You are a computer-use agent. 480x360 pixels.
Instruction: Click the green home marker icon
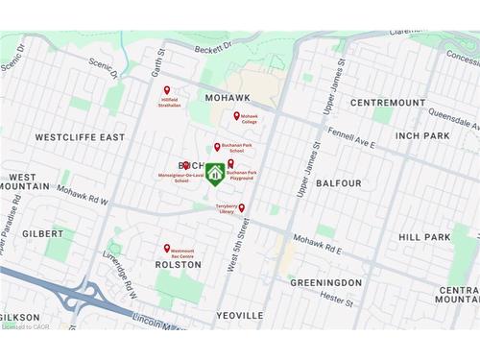point(216,174)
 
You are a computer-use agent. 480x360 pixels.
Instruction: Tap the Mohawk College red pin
point(237,115)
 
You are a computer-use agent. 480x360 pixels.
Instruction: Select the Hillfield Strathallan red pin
point(167,90)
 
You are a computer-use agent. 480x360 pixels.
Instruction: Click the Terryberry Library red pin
point(241,207)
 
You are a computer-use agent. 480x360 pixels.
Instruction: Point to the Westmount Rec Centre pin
point(167,248)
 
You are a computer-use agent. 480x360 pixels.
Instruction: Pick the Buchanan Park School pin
point(217,147)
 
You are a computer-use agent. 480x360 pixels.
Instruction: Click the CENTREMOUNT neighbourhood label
point(387,102)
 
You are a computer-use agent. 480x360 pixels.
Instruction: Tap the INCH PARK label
point(422,136)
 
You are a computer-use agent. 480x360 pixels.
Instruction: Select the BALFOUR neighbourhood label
point(339,182)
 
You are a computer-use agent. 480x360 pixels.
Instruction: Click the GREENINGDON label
point(325,283)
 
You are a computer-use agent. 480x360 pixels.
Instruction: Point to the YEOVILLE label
point(240,315)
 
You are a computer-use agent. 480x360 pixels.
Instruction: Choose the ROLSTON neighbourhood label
point(178,265)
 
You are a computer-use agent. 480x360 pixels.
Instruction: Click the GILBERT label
point(42,233)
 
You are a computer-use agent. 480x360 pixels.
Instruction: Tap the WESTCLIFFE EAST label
point(80,137)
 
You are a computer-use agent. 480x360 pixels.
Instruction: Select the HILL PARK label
point(424,237)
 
